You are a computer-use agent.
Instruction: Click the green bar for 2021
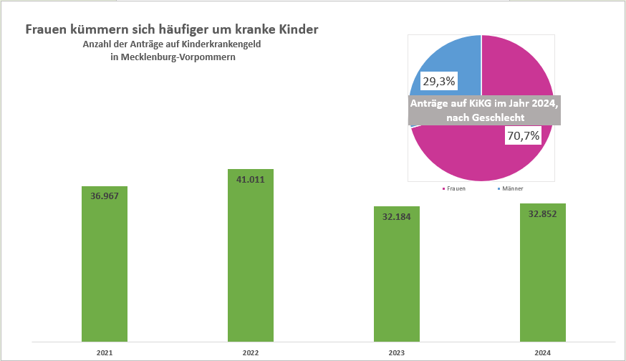105,272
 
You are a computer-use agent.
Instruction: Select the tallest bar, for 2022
251,265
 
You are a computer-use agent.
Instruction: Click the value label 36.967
105,196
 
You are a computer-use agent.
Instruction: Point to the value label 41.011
251,179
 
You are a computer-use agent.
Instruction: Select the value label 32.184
397,216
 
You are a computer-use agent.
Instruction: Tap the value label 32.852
542,213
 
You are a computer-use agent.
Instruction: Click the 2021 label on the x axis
105,352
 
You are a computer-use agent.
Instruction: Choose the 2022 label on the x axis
251,352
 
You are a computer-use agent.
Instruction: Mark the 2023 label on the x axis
397,352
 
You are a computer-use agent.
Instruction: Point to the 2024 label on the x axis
542,352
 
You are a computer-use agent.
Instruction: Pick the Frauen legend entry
453,189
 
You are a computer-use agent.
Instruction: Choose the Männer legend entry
510,189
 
